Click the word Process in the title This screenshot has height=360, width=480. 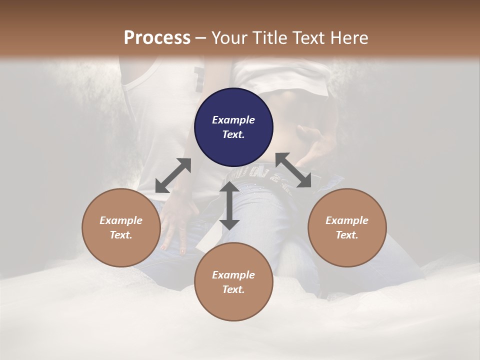157,37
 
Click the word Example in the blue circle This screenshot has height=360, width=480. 233,120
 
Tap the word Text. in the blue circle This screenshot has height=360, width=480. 233,134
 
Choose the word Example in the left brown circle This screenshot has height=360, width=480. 121,220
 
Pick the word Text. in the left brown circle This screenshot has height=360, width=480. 121,235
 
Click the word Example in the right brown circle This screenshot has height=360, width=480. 347,220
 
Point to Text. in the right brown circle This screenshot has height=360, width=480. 347,235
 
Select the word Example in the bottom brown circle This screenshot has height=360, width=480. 233,275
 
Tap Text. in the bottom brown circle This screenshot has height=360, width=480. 233,289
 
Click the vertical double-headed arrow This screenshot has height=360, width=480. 229,205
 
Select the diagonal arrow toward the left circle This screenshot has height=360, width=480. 173,175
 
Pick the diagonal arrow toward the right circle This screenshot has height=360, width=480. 293,170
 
